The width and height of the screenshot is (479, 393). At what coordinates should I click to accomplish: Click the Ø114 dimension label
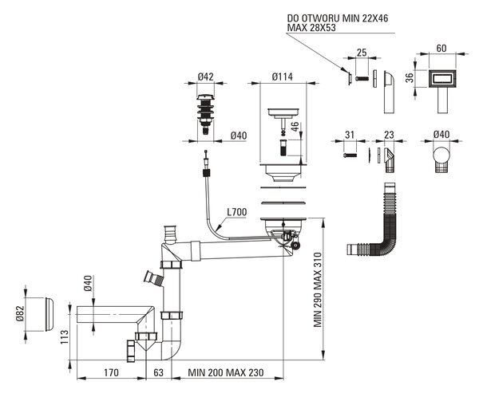pos(283,77)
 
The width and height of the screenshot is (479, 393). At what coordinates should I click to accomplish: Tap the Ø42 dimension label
pos(205,77)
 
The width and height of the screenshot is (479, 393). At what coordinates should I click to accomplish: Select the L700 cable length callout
pos(237,212)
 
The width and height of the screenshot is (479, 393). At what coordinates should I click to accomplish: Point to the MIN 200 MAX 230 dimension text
pos(226,372)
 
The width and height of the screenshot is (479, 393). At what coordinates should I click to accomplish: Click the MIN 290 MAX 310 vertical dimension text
pos(318,289)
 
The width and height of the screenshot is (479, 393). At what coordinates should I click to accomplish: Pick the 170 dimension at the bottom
pos(111,372)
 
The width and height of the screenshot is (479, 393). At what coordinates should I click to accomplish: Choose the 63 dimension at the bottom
pos(158,372)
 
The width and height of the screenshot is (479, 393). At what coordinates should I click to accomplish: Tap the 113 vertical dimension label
pos(65,337)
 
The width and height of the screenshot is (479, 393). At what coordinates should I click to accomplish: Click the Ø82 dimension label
pos(20,313)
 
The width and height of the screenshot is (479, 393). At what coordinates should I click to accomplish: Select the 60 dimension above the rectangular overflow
pos(441,48)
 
